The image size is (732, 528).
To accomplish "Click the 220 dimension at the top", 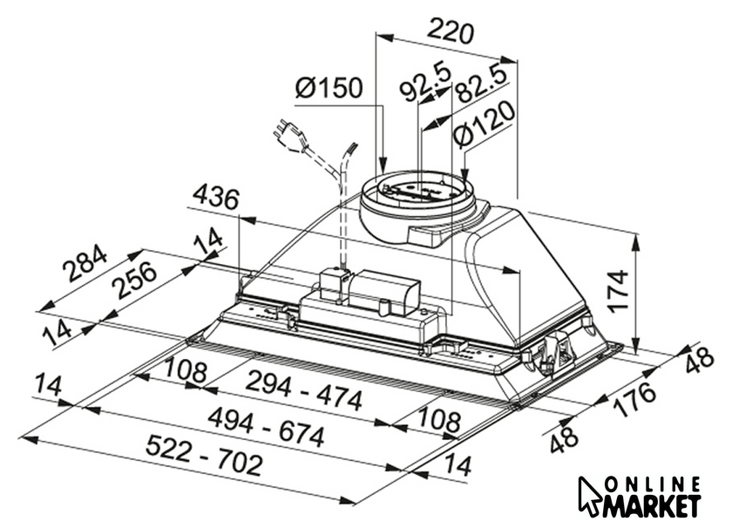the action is [451, 30].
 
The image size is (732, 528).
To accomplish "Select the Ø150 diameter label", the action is [329, 88].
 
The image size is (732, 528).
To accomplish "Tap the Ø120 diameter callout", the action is [485, 125].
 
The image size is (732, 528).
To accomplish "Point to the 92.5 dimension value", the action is [425, 83].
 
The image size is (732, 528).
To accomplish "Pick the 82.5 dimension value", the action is [480, 85].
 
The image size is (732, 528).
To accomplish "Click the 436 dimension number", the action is [216, 197].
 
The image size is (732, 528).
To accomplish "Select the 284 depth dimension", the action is [85, 263].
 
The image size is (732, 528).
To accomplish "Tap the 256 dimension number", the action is [136, 280].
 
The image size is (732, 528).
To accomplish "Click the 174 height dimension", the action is [618, 290].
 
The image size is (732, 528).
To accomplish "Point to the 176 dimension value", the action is [634, 398].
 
